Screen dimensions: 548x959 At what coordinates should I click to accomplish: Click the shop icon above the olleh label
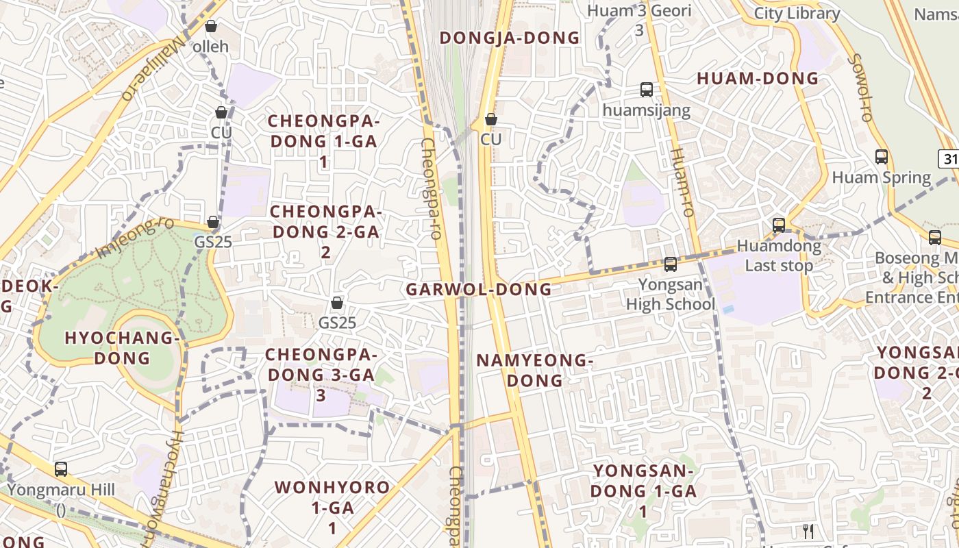(211, 26)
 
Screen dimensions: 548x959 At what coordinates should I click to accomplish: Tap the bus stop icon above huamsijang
(646, 90)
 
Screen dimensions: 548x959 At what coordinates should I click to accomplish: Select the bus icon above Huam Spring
(882, 157)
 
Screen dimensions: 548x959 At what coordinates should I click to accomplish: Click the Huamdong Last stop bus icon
(779, 225)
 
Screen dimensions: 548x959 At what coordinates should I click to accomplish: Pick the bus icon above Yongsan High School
(671, 264)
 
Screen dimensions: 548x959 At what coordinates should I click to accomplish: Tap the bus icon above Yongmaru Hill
(61, 469)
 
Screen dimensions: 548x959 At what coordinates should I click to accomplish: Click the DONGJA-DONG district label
(510, 38)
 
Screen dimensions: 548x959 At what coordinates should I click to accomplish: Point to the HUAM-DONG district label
(758, 79)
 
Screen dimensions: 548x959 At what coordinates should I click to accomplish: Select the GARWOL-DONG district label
(479, 289)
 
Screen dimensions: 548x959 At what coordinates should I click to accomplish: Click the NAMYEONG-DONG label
(534, 370)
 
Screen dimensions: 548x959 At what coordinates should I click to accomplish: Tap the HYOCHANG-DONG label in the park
(122, 347)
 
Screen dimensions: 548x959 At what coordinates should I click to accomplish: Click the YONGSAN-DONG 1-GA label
(643, 490)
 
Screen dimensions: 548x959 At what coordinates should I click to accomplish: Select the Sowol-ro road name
(860, 88)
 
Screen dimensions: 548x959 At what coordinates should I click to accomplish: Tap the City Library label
(797, 14)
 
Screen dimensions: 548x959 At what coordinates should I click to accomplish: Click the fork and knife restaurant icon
(808, 531)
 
